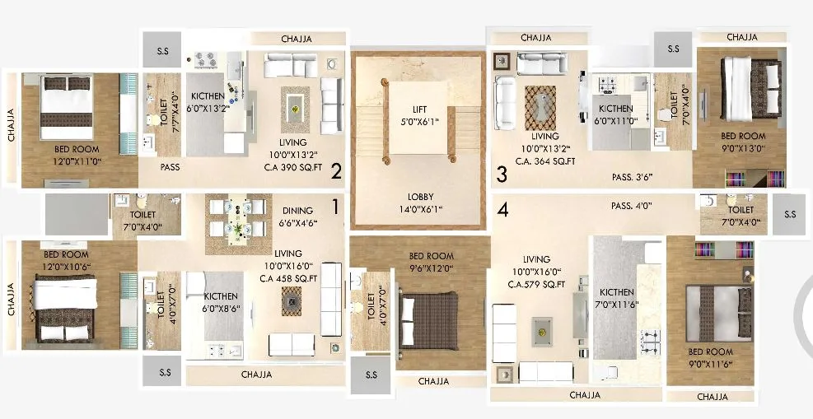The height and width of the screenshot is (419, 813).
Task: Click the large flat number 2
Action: [336, 171]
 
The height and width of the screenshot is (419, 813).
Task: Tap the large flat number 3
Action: [501, 174]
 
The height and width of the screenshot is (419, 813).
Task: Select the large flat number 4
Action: [502, 209]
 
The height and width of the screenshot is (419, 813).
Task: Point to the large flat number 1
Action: [335, 204]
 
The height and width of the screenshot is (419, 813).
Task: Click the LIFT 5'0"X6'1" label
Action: [420, 115]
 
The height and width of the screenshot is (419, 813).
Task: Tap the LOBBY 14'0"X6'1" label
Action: [420, 203]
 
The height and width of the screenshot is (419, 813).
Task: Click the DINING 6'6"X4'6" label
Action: [297, 216]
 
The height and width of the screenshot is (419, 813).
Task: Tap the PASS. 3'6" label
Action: [631, 176]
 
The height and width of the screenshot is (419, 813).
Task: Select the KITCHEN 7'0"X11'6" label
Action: [616, 298]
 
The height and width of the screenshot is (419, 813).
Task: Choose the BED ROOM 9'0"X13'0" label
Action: [743, 142]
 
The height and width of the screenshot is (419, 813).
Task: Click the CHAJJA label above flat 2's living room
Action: [297, 39]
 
